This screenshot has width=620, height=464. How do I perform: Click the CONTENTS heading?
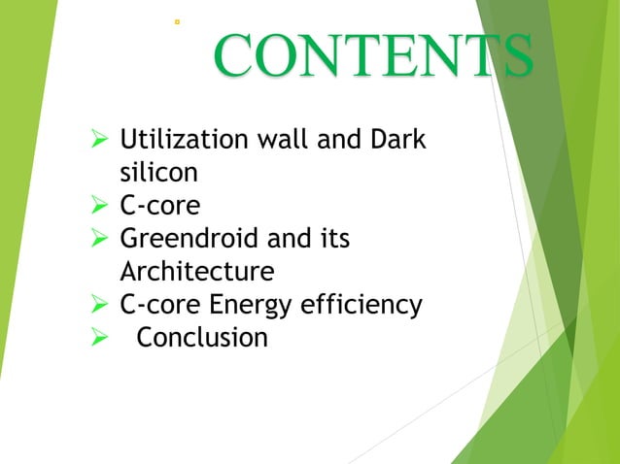(373, 56)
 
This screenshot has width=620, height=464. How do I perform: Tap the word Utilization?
(182, 140)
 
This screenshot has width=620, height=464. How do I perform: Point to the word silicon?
(158, 173)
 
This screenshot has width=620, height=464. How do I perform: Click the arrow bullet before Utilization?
(96, 141)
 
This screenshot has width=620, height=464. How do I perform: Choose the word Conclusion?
(202, 338)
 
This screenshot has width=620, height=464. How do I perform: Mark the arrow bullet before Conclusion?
(96, 339)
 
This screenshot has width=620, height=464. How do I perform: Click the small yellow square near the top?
(176, 19)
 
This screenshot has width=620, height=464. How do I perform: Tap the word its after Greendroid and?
(332, 239)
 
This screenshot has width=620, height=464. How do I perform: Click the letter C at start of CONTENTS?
(234, 56)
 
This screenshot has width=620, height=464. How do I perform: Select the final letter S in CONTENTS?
(513, 56)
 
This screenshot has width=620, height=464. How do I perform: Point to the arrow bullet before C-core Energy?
(96, 306)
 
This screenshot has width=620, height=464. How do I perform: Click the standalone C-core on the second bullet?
(159, 206)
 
